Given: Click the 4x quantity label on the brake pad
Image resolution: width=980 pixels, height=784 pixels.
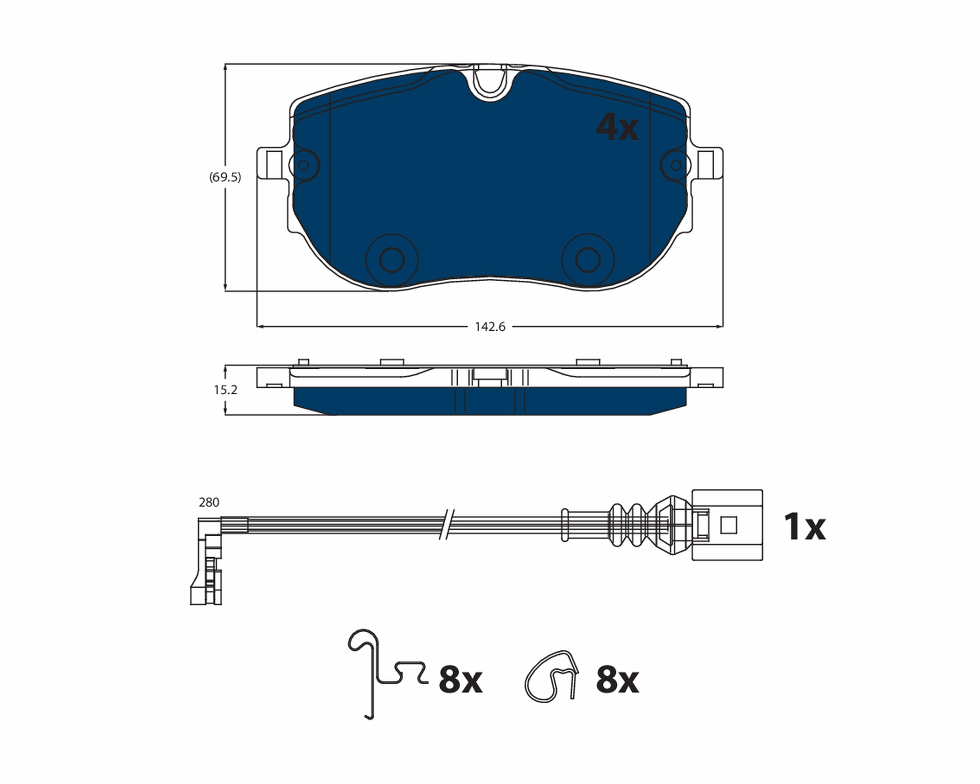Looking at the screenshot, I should (617, 128).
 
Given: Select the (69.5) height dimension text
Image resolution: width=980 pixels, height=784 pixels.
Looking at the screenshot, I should (225, 177).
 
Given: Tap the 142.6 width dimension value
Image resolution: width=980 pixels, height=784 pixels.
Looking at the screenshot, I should (490, 327).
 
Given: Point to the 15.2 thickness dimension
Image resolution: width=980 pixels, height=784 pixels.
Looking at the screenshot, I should (225, 390).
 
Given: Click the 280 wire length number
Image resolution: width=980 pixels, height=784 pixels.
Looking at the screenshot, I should (209, 502).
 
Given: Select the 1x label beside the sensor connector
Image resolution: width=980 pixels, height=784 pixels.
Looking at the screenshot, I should (804, 527).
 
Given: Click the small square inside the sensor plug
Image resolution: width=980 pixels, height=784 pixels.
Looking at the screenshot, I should (729, 525).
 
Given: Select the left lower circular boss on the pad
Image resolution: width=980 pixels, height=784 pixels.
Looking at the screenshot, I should (392, 260).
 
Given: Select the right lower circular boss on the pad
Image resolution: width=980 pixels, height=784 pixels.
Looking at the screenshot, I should (588, 260).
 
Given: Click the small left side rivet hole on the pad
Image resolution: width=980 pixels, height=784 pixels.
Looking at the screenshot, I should (304, 165).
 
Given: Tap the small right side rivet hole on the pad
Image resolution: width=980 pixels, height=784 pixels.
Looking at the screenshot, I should (676, 165).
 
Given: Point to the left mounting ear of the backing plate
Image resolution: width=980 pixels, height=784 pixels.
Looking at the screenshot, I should (272, 163).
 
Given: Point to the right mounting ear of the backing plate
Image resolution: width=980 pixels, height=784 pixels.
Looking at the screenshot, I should (708, 163).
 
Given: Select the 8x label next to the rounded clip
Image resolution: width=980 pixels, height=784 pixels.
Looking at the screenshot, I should (617, 681).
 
